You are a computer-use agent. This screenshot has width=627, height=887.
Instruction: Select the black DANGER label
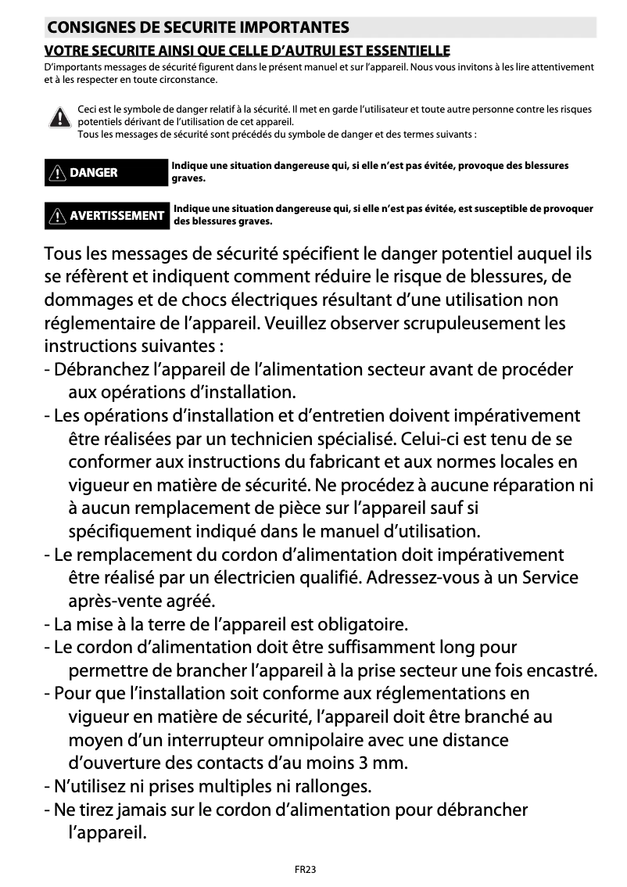click(x=106, y=173)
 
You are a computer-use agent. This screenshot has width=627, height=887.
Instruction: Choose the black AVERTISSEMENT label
click(x=106, y=215)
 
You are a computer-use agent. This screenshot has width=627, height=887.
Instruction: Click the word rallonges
click(x=332, y=785)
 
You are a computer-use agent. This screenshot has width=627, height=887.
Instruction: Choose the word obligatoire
click(x=360, y=625)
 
